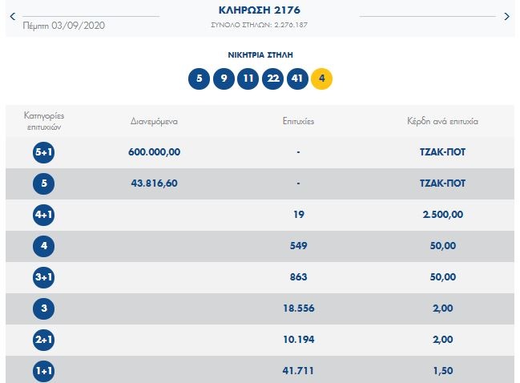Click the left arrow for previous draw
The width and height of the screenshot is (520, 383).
point(12,16)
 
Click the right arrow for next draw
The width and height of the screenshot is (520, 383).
point(506,16)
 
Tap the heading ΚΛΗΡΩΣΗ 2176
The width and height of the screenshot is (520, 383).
point(260,11)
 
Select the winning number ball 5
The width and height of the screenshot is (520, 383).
point(198,79)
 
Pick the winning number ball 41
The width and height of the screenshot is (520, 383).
point(297,79)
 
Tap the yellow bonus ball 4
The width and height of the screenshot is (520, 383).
point(321,79)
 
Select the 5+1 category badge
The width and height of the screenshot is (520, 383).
point(43,152)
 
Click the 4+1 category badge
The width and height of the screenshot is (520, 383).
point(43,215)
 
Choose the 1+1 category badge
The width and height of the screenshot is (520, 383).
point(43,372)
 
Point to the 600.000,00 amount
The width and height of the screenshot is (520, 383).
point(154,152)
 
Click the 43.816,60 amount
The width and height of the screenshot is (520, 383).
point(154,183)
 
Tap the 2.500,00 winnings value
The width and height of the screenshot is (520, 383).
point(442,215)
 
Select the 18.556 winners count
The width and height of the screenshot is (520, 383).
point(298,308)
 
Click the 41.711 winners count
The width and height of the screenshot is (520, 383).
point(298,371)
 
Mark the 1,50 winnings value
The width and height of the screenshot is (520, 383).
point(442,371)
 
